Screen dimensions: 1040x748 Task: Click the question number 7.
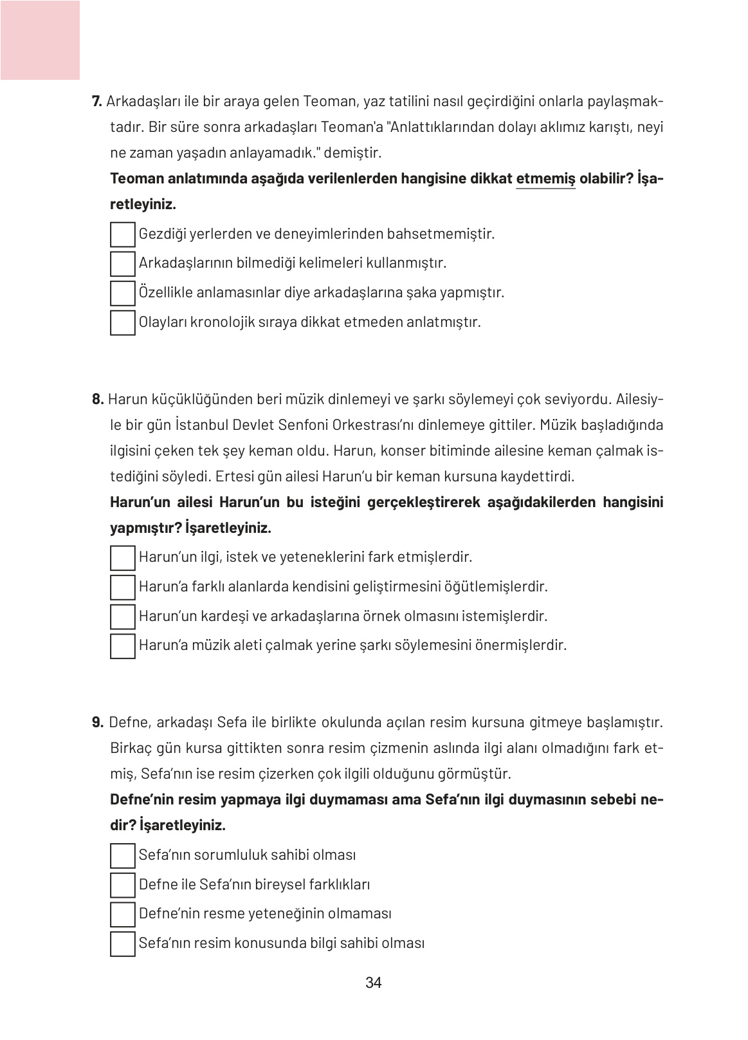click(97, 102)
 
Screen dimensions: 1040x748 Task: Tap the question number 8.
click(98, 400)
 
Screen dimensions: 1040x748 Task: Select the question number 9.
click(98, 723)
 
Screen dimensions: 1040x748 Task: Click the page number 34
click(373, 983)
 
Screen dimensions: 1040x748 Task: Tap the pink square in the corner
click(40, 40)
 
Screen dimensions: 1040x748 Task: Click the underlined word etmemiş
click(545, 179)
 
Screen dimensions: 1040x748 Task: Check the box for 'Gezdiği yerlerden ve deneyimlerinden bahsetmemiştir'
click(123, 234)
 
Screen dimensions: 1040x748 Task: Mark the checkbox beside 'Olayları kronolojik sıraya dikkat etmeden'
click(123, 322)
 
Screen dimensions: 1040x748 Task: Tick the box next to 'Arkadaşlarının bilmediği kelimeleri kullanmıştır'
click(123, 264)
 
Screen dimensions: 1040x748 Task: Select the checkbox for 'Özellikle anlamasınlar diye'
click(123, 293)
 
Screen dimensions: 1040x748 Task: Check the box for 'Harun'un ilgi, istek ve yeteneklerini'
click(123, 557)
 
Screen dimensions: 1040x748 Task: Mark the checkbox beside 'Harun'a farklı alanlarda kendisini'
click(123, 587)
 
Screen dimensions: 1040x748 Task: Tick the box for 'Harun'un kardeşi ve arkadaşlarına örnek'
click(123, 617)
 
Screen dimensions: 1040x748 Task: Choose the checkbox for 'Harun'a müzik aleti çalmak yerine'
click(123, 645)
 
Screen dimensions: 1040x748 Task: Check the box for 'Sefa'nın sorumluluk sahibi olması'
click(123, 856)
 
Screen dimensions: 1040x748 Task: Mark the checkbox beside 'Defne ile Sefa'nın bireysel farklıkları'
click(123, 885)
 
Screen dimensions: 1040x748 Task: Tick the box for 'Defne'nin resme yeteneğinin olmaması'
click(123, 915)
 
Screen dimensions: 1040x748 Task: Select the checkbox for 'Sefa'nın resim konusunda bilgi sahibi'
click(123, 943)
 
